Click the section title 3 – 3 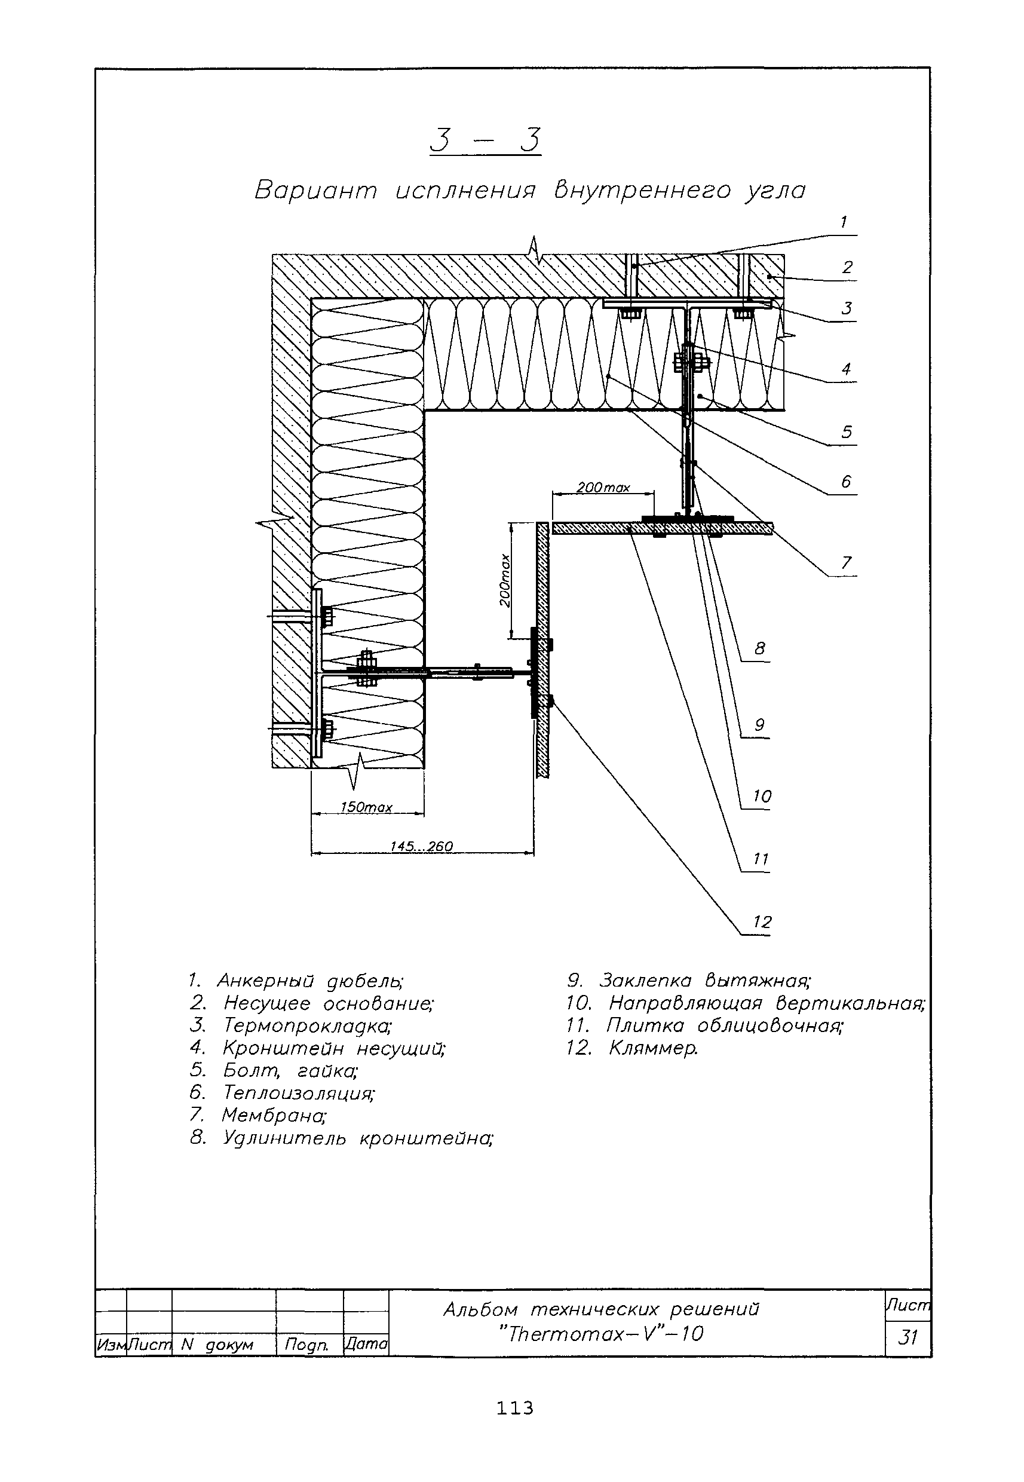coord(485,140)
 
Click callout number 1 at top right coord(844,222)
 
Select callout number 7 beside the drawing coord(847,562)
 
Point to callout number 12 coord(762,921)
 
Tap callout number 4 coord(847,369)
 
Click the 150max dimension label coord(366,807)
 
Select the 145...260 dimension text coord(422,846)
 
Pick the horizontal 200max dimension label coord(602,488)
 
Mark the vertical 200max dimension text coord(505,580)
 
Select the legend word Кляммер coord(652,1048)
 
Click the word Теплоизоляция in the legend coord(298,1092)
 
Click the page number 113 coord(514,1408)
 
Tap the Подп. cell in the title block coord(306,1344)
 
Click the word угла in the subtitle coord(774,191)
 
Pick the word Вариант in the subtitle coord(316,191)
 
